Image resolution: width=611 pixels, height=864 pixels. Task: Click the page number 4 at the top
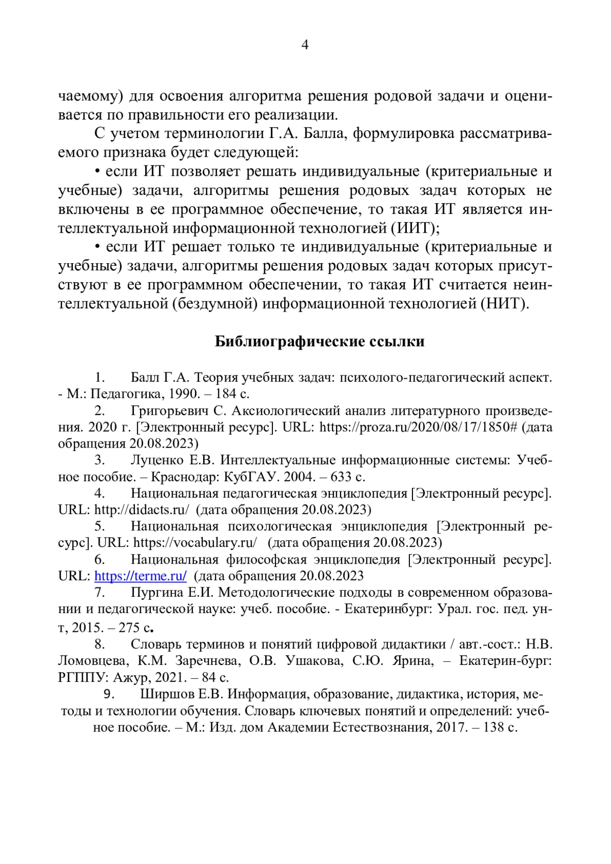coord(305,45)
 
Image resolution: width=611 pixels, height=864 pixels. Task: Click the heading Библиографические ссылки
coord(319,341)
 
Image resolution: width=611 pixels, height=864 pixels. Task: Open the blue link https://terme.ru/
coord(141,576)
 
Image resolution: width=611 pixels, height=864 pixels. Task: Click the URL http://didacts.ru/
coord(142,510)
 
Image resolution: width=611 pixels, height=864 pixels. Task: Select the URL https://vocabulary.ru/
coord(195,542)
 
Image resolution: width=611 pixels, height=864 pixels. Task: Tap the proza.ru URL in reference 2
coord(418,427)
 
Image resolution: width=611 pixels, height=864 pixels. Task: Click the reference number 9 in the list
coord(107,694)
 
